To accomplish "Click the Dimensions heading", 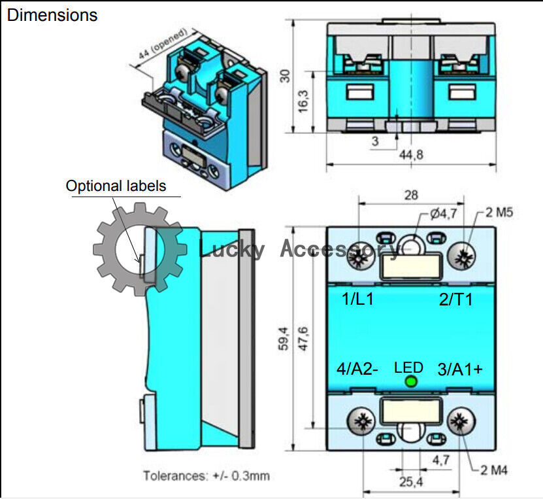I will click(52, 15).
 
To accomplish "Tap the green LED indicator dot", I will click(411, 381).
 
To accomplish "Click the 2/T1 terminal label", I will click(455, 300).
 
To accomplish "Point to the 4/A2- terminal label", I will click(357, 369).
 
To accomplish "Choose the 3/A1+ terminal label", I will click(460, 369).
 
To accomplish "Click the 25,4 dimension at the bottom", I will click(411, 483).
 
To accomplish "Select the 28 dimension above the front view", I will click(412, 196).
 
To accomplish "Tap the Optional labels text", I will click(116, 186).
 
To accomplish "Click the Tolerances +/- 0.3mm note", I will click(206, 475).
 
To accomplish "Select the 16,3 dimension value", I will click(303, 103).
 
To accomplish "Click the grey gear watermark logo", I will click(137, 248).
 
